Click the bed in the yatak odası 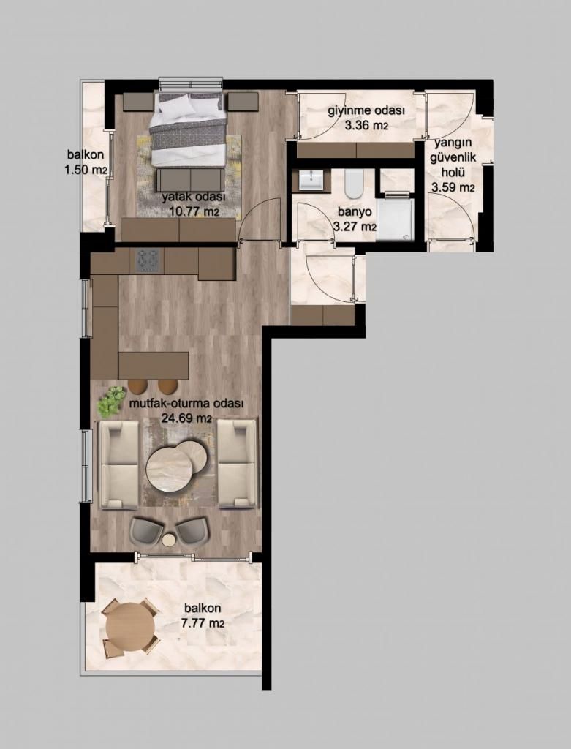(x=187, y=129)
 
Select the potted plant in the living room (x=111, y=402)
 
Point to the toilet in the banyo (x=354, y=184)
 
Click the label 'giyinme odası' (x=366, y=111)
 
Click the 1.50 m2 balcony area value (x=86, y=169)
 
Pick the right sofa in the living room (x=238, y=463)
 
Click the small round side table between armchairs (x=169, y=541)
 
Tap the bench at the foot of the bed (x=191, y=181)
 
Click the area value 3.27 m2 (x=355, y=227)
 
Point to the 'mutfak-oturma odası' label (x=186, y=403)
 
